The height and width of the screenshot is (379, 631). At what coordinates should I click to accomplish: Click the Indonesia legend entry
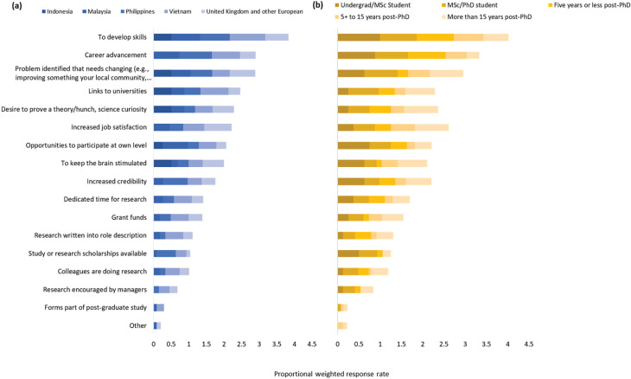pyautogui.click(x=58, y=11)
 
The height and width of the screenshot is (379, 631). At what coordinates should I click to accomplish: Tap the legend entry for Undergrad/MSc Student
pyautogui.click(x=373, y=5)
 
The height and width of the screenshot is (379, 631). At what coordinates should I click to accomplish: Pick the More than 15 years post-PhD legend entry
pyautogui.click(x=486, y=17)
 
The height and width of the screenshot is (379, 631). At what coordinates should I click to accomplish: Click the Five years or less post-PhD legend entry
pyautogui.click(x=589, y=5)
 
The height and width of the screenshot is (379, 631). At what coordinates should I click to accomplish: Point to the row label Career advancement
pyautogui.click(x=116, y=55)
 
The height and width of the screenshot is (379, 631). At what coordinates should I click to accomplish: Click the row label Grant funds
pyautogui.click(x=129, y=217)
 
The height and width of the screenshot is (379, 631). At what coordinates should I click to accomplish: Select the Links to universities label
pyautogui.click(x=118, y=91)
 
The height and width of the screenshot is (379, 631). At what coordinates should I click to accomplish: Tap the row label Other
pyautogui.click(x=137, y=325)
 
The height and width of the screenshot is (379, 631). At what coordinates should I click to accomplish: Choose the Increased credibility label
pyautogui.click(x=117, y=181)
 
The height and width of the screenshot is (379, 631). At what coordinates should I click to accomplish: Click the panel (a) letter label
pyautogui.click(x=17, y=6)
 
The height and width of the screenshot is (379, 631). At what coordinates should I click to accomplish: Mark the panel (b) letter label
pyautogui.click(x=317, y=5)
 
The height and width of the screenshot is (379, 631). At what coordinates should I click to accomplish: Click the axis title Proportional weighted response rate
pyautogui.click(x=332, y=374)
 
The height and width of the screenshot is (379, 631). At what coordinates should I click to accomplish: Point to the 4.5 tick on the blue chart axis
pyautogui.click(x=311, y=344)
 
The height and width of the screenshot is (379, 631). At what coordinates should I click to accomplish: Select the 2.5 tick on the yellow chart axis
pyautogui.click(x=444, y=344)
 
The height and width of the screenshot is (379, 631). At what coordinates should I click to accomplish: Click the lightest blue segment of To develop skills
pyautogui.click(x=277, y=37)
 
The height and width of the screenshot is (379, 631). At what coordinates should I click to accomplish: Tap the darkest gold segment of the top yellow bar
pyautogui.click(x=359, y=37)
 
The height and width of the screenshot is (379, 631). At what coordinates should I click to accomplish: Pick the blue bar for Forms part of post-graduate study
pyautogui.click(x=159, y=308)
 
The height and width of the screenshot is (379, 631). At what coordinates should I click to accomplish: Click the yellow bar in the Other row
pyautogui.click(x=342, y=326)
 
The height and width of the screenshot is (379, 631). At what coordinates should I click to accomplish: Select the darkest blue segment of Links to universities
pyautogui.click(x=163, y=92)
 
